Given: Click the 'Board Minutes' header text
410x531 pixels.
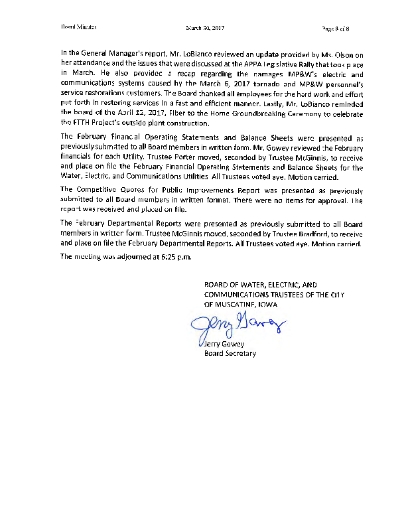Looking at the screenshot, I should [x=78, y=29].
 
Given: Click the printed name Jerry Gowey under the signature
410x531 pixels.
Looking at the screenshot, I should [x=224, y=344].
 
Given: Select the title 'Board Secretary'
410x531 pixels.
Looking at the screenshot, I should [x=230, y=353].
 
